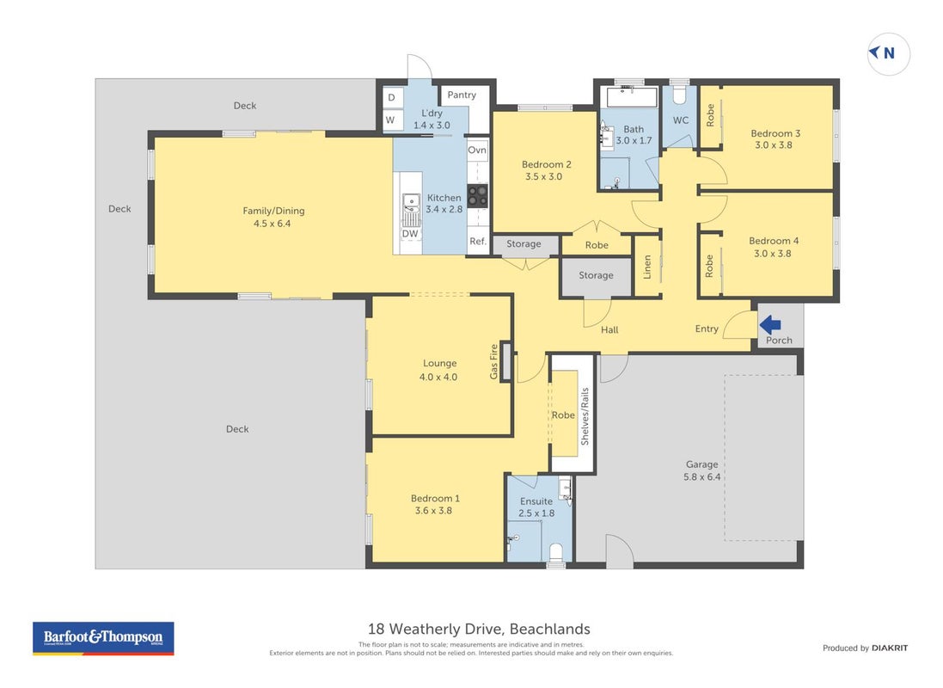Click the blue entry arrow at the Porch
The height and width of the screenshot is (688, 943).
(x=770, y=325)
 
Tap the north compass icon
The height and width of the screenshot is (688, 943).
(x=888, y=53)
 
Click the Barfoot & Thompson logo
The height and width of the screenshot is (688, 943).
(x=103, y=639)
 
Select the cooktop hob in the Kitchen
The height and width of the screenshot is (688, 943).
(x=478, y=195)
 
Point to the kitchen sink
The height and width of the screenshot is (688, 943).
(x=412, y=208)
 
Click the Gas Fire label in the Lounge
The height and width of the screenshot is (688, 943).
(x=494, y=361)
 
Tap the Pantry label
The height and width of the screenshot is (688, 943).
(x=462, y=95)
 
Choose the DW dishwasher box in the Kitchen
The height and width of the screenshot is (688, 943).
(x=410, y=234)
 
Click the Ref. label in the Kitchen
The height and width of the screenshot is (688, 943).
(x=478, y=242)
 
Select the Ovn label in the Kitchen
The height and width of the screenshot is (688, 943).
(x=477, y=150)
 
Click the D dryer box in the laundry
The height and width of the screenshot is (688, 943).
(x=392, y=97)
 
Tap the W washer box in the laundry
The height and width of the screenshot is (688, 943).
(x=391, y=120)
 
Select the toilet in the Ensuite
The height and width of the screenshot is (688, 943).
(x=556, y=552)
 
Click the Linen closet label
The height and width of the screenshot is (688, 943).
(x=647, y=267)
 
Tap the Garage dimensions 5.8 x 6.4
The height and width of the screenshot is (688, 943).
(x=701, y=476)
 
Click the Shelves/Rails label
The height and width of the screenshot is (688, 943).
(x=585, y=416)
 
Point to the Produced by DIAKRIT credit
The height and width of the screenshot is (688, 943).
(x=866, y=648)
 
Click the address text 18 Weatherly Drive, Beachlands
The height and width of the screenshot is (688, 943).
(x=479, y=629)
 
